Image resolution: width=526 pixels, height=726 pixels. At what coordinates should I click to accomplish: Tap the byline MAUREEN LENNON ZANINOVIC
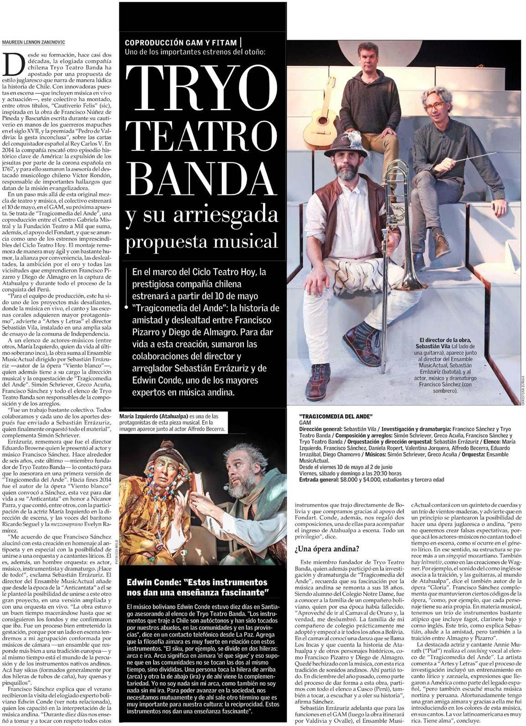click(33, 42)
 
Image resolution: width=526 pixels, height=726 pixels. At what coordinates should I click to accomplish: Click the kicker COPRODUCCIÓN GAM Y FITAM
click(181, 42)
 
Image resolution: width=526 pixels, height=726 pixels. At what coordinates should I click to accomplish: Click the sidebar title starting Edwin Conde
click(197, 587)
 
